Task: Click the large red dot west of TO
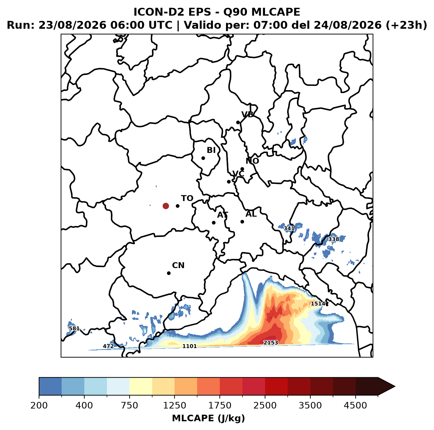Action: pyautogui.click(x=166, y=206)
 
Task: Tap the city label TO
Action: pyautogui.click(x=187, y=198)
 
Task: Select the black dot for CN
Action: pyautogui.click(x=169, y=273)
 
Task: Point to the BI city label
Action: pyautogui.click(x=211, y=150)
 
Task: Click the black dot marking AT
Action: pyautogui.click(x=214, y=223)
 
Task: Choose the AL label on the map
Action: pyautogui.click(x=251, y=214)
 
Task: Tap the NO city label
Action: pyautogui.click(x=252, y=161)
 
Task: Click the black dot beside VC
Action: pyautogui.click(x=229, y=182)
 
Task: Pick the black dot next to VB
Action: pyautogui.click(x=238, y=122)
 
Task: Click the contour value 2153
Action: pyautogui.click(x=271, y=342)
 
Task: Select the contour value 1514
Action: pyautogui.click(x=318, y=303)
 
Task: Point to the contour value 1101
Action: pyautogui.click(x=189, y=346)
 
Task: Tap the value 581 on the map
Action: pyautogui.click(x=74, y=328)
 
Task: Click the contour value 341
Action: pyautogui.click(x=289, y=228)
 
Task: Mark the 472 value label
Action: pyautogui.click(x=108, y=346)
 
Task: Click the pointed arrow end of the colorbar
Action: pyautogui.click(x=395, y=387)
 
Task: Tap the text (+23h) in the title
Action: pyautogui.click(x=406, y=25)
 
